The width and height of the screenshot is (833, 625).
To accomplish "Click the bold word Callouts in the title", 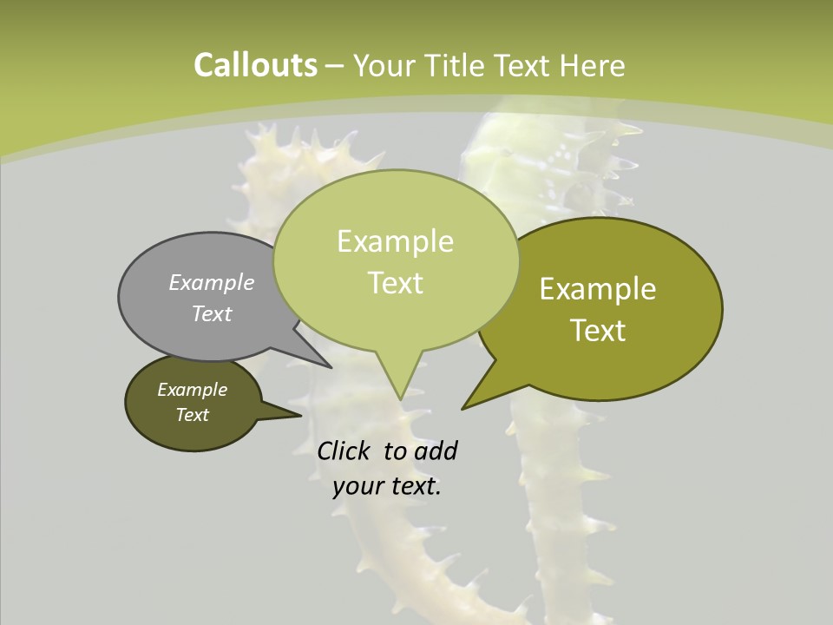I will click(255, 65).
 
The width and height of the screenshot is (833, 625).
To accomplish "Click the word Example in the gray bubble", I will click(212, 282).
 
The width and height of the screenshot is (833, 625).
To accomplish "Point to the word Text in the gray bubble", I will click(212, 313).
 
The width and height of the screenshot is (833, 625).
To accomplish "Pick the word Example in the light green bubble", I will click(395, 241).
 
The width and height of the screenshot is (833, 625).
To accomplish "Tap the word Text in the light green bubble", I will click(395, 283).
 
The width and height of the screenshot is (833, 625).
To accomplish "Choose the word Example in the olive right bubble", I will click(598, 289).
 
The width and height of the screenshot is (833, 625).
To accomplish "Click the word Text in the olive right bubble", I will click(598, 331).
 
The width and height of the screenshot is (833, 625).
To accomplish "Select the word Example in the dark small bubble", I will click(192, 390).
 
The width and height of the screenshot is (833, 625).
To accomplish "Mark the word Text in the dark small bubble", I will click(192, 415).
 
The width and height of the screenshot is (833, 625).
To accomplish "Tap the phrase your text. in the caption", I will click(387, 486).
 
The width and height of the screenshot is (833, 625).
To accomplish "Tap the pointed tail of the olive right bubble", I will click(468, 405).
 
